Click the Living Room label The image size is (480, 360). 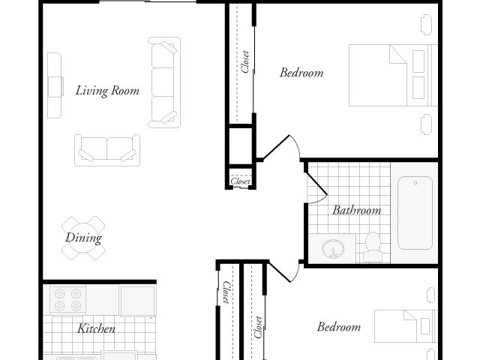coord(107,91)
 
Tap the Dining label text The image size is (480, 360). coord(83,238)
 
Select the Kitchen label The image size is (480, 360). coord(96,328)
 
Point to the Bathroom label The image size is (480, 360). coord(356,211)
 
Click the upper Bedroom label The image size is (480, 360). coord(301,73)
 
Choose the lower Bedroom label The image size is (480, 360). coord(338,327)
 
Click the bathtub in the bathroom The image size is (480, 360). coord(414,213)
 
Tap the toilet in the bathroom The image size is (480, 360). coord(373,246)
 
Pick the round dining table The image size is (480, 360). coord(83,238)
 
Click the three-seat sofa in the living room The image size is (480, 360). coord(163,82)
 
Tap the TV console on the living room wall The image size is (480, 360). coord(55,85)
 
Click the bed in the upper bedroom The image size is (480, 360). coord(392,75)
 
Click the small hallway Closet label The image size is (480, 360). coord(241,181)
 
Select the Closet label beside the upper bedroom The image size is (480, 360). coord(245,61)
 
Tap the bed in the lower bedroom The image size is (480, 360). coord(405,327)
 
